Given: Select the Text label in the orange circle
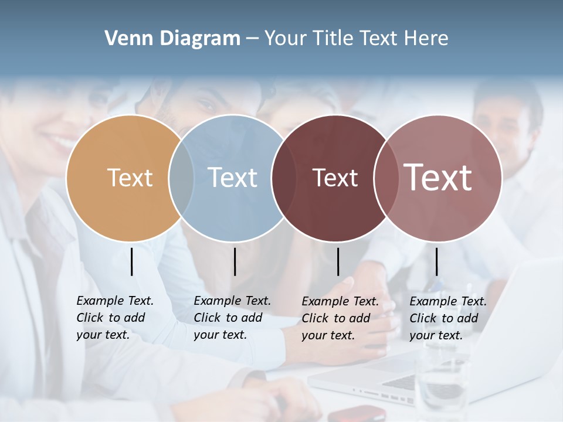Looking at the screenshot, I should [x=130, y=178].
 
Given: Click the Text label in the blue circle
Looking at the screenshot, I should [x=233, y=178].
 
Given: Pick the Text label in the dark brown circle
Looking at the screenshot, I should [x=335, y=178].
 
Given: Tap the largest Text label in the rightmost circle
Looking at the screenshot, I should [x=438, y=178].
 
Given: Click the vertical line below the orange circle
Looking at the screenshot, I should [x=132, y=261].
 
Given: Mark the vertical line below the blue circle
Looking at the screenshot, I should [x=235, y=261].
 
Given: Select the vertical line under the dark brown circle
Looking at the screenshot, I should [x=338, y=261].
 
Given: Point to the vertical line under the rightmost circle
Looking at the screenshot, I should [x=437, y=261].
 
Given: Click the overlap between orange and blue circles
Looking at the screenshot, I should [x=182, y=178].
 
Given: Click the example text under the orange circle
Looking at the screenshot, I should [x=114, y=318].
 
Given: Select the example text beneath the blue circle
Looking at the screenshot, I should [x=232, y=318].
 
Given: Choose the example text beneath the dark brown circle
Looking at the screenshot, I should [x=340, y=318].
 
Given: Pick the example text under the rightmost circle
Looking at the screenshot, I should [x=447, y=318].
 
